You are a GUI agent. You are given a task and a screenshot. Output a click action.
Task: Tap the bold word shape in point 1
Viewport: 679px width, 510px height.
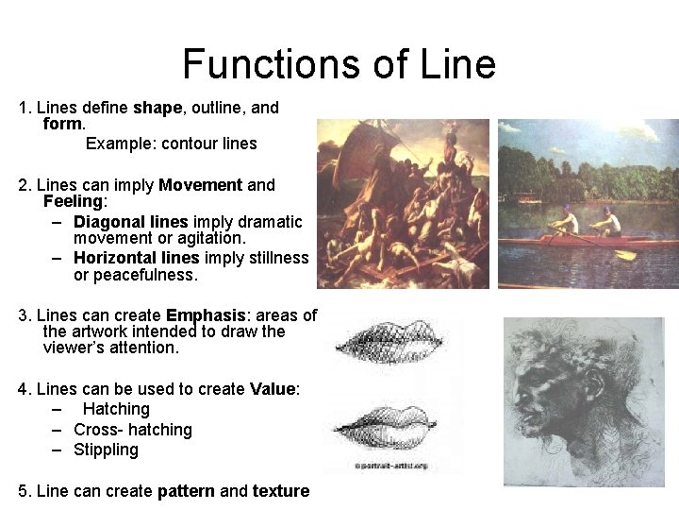pos(157,108)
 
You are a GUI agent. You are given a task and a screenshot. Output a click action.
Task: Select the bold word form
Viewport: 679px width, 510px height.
pos(63,124)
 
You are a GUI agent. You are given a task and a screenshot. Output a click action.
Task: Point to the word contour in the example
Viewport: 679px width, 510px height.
pos(190,144)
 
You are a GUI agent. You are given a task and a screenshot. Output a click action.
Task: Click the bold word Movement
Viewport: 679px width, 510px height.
pos(201,184)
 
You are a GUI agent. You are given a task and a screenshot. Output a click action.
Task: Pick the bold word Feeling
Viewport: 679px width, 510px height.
pos(73,201)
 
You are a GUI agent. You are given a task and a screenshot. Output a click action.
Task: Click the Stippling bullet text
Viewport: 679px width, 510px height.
pos(106,450)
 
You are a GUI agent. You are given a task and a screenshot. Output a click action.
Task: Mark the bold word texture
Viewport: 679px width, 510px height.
pos(280,491)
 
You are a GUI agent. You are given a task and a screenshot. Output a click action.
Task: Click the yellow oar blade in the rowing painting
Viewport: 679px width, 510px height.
pos(625,253)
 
